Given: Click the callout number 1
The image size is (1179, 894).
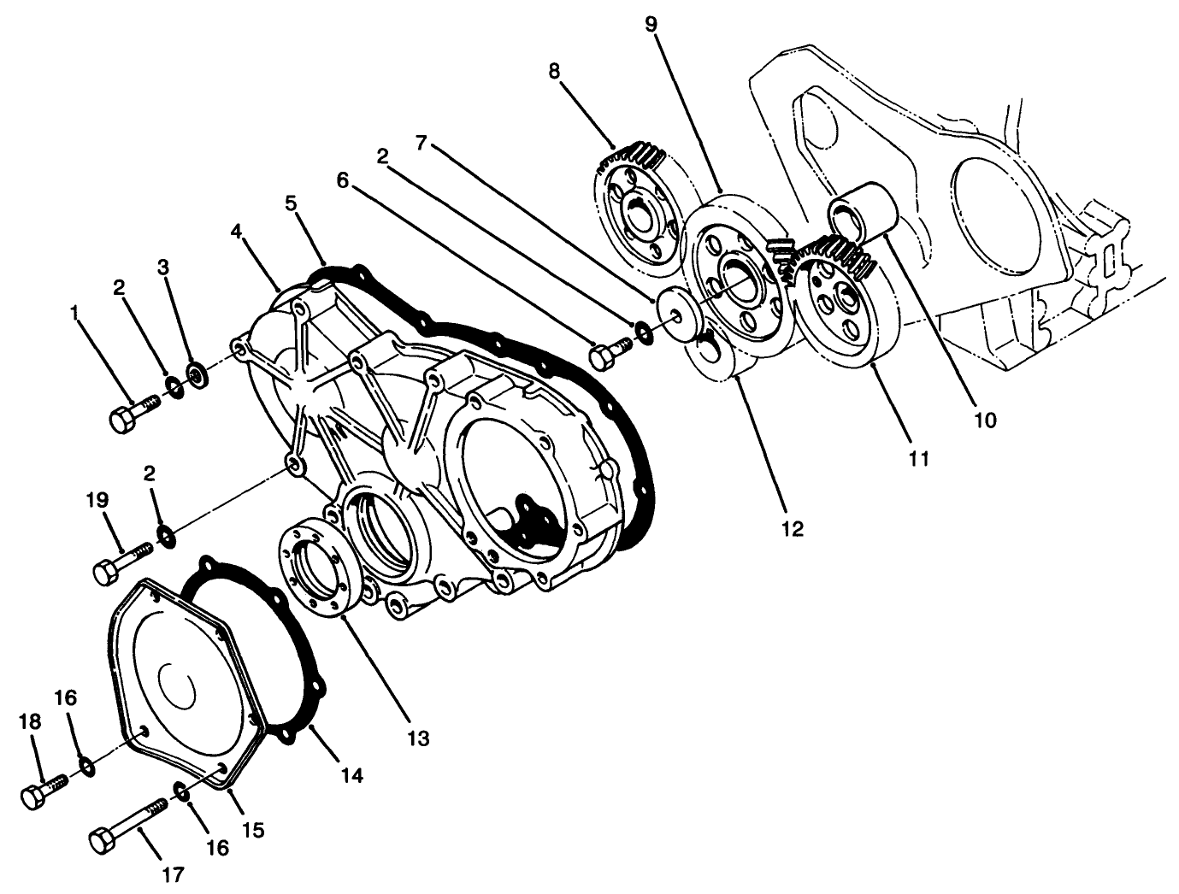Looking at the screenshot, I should click(78, 314).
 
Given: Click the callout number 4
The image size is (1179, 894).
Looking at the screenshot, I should click(237, 232).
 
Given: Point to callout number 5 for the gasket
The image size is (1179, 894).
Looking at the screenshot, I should click(291, 204).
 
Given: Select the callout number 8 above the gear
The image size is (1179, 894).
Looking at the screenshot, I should click(554, 71).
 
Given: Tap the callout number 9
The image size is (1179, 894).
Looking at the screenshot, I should click(651, 24).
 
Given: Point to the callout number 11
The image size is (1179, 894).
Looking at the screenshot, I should click(918, 458).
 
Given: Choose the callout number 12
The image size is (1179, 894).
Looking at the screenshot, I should click(793, 529).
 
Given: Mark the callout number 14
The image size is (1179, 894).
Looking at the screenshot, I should click(351, 775).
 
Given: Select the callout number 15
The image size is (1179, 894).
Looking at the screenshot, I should click(252, 829).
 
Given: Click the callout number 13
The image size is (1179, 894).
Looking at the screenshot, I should click(418, 737).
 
